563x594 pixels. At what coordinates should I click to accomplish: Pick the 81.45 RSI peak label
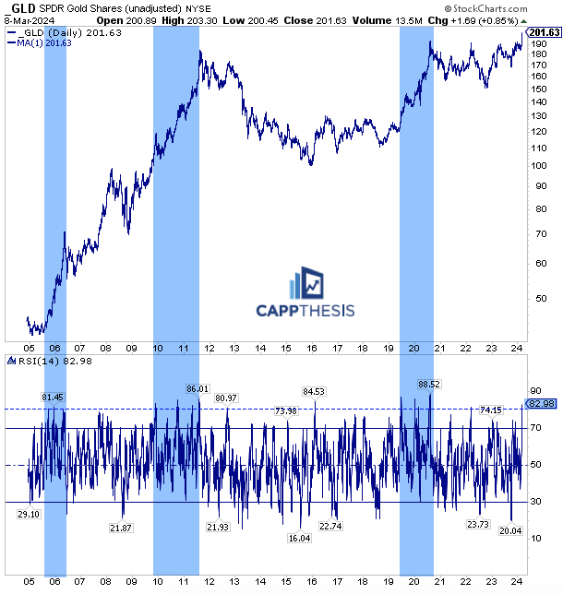click(54, 397)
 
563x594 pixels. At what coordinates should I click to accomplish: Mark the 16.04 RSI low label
click(300, 538)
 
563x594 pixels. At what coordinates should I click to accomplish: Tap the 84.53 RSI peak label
click(314, 391)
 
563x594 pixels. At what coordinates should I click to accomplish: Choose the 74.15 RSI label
click(491, 410)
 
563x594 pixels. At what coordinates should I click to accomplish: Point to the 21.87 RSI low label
click(121, 528)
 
